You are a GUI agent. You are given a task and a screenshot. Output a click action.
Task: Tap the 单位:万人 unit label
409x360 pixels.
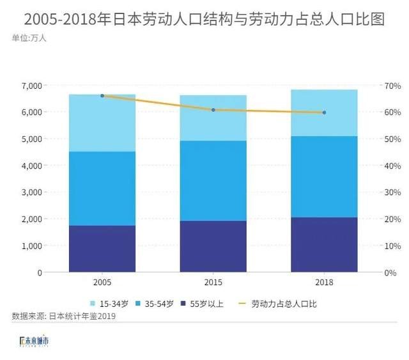click(29, 38)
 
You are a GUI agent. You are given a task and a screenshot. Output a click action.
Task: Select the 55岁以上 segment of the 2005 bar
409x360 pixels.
click(102, 249)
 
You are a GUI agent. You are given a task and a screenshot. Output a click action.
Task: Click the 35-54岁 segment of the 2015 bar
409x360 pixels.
click(213, 180)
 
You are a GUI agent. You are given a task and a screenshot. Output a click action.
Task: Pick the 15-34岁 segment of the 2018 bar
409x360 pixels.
click(324, 113)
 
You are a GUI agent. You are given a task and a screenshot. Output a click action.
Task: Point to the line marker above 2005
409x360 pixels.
click(102, 96)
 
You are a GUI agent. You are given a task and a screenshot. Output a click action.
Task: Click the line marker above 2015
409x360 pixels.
click(213, 110)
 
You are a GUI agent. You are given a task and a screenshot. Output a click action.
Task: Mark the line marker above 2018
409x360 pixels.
click(324, 113)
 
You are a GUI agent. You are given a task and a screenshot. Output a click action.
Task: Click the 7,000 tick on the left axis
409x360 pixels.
click(31, 86)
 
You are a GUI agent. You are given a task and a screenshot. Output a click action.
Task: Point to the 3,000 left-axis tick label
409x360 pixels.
click(31, 192)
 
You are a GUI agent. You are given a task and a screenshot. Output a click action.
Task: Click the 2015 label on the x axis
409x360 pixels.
click(213, 283)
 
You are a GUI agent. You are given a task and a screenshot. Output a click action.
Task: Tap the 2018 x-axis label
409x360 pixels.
click(324, 283)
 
